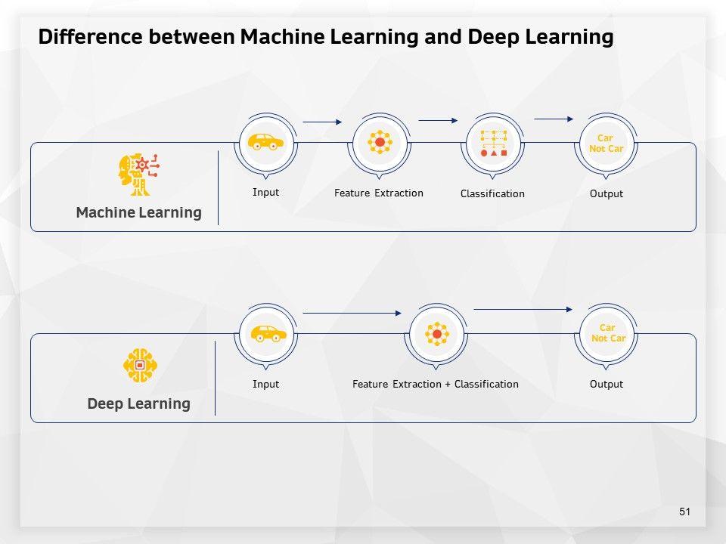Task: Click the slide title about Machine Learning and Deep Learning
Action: (x=325, y=37)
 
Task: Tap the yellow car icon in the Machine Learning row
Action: (x=265, y=142)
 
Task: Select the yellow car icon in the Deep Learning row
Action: (x=268, y=333)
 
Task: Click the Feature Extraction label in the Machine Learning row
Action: (x=379, y=193)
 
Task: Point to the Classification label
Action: (x=492, y=193)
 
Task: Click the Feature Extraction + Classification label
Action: (x=436, y=384)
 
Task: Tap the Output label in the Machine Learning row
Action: (x=607, y=193)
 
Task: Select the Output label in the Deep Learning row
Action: (x=607, y=384)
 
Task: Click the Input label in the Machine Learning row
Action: (x=265, y=192)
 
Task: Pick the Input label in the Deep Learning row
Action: (x=265, y=384)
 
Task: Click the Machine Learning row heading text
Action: (x=138, y=212)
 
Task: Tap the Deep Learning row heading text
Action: (x=138, y=403)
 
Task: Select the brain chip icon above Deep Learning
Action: (x=140, y=365)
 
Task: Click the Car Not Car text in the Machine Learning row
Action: (x=607, y=144)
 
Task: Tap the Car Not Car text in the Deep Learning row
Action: (x=608, y=333)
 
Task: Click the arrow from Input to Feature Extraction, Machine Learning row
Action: (x=322, y=122)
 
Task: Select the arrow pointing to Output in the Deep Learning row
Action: (x=523, y=309)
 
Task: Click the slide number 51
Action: (x=685, y=512)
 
